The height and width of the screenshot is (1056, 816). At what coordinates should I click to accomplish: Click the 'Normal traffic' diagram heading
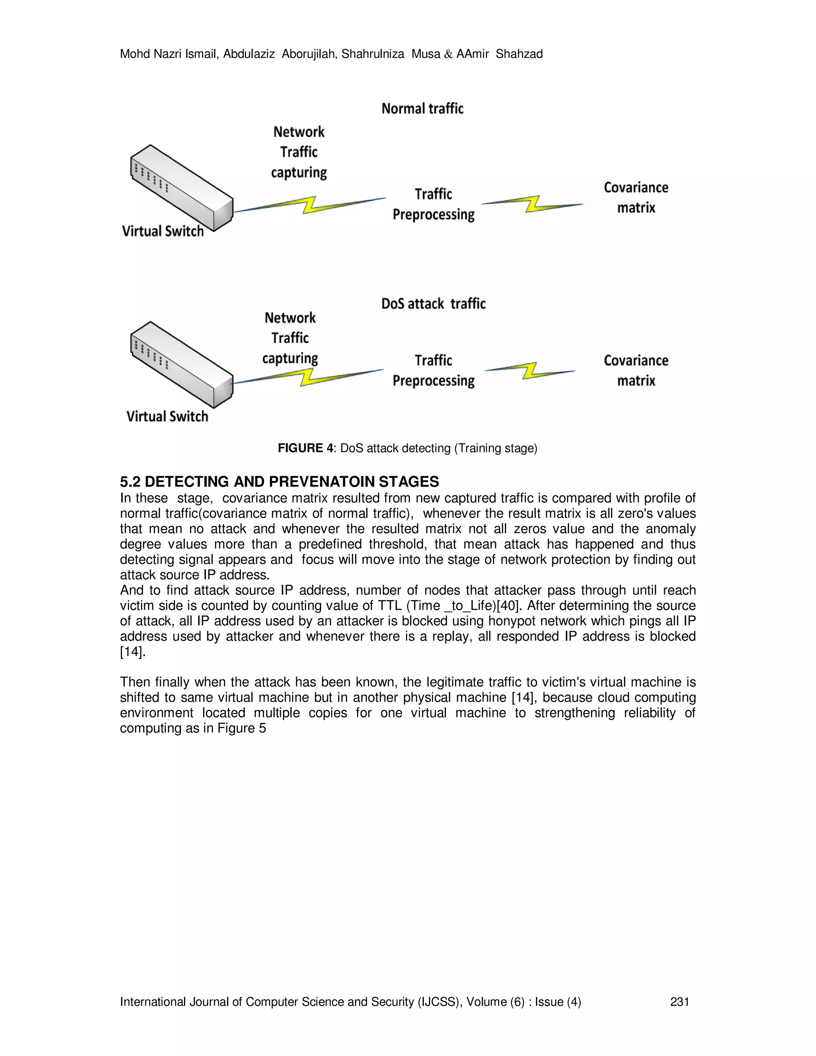(x=422, y=108)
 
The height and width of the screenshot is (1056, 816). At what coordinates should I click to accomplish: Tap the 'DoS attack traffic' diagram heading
(x=433, y=304)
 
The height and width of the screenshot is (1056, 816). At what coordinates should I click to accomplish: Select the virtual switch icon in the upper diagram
(x=182, y=188)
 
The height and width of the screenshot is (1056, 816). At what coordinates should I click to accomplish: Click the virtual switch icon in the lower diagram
(x=182, y=365)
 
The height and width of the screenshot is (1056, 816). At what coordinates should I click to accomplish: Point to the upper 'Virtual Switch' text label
(x=163, y=231)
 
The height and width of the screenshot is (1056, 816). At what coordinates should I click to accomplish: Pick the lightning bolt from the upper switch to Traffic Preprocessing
(x=309, y=204)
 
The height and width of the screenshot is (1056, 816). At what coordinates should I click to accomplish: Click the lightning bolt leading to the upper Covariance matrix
(x=533, y=204)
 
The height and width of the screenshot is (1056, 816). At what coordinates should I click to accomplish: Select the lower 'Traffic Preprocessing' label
(x=433, y=370)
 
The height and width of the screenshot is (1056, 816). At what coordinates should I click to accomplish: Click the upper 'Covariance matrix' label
(x=636, y=197)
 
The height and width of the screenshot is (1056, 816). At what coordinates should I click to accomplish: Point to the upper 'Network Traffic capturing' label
(x=299, y=152)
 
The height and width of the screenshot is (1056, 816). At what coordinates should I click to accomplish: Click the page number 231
(x=679, y=1002)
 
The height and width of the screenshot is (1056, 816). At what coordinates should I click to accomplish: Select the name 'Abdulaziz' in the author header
(x=249, y=54)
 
